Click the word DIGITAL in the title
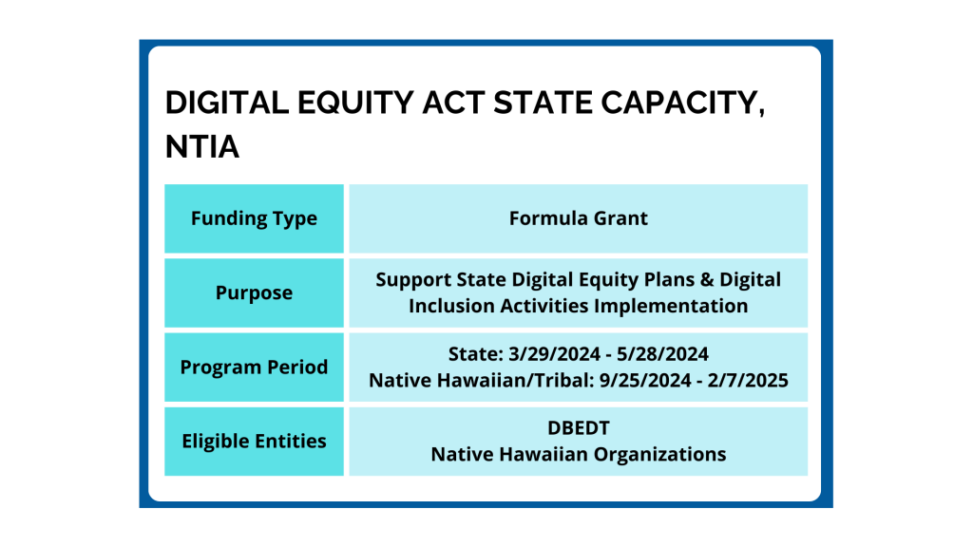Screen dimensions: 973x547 [x=227, y=103]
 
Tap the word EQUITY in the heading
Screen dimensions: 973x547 [x=355, y=103]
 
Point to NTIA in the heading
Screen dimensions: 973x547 [x=202, y=147]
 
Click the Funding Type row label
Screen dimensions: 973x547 [x=254, y=219]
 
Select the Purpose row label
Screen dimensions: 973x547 [x=254, y=292]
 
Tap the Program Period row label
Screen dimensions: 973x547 [x=254, y=368]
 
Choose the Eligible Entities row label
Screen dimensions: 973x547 [x=254, y=441]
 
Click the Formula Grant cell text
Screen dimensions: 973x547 [x=579, y=218]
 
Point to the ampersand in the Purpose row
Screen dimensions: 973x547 [x=707, y=280]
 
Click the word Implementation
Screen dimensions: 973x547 [x=671, y=306]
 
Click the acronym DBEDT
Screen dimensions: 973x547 [x=579, y=428]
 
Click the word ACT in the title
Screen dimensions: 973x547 [x=453, y=103]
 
